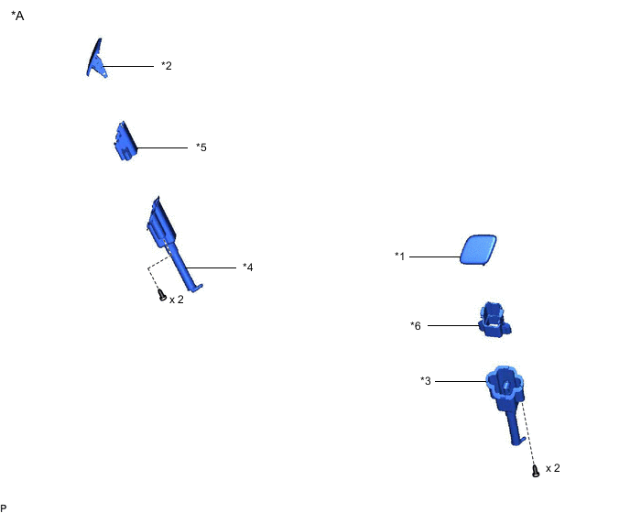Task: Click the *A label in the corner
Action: tap(17, 16)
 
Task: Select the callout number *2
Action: tap(167, 66)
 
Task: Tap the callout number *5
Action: tap(201, 147)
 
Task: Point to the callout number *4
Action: tap(248, 267)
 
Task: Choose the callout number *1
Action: tap(400, 256)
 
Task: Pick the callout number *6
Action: tap(416, 325)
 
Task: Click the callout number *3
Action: tap(426, 380)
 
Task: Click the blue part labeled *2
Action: tap(96, 60)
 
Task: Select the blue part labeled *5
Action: tap(125, 141)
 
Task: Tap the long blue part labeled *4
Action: tap(173, 241)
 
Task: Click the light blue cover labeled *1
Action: tap(478, 250)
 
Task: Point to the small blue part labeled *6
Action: tap(494, 319)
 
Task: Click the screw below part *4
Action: tap(162, 295)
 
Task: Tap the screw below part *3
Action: tap(536, 471)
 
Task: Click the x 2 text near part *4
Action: tap(177, 300)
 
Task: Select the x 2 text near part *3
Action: tap(553, 468)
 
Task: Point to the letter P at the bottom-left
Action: tap(4, 508)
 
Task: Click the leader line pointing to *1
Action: tap(435, 256)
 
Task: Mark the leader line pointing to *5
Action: tap(162, 148)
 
